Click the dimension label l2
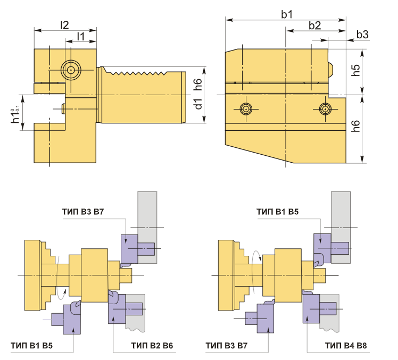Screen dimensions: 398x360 (x=64, y=25)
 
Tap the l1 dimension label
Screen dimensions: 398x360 (x=81, y=36)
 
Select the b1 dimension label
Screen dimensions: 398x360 (x=287, y=14)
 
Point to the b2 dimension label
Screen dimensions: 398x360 (x=315, y=26)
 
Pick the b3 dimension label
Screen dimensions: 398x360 (x=362, y=35)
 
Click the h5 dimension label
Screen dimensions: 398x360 (x=355, y=70)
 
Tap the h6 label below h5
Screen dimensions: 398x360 (x=355, y=126)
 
